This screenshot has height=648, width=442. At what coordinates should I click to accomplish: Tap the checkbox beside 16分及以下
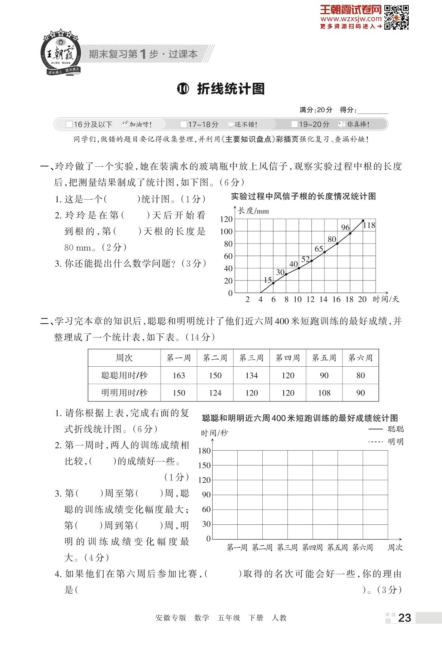(69, 124)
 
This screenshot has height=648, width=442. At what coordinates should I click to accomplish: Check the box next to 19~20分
(295, 124)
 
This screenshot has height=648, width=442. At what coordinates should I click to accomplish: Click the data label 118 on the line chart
(369, 225)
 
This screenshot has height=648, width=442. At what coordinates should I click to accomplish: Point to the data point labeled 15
(274, 283)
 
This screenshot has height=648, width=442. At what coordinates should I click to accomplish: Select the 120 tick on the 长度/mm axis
(226, 219)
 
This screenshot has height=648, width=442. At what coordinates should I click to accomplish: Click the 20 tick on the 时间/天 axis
(362, 299)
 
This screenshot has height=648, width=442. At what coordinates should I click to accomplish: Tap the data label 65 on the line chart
(318, 249)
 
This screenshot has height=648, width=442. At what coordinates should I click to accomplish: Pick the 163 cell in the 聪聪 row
(179, 375)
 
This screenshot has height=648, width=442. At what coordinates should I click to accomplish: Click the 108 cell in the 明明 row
(324, 393)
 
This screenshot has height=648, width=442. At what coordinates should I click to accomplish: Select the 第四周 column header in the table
(288, 358)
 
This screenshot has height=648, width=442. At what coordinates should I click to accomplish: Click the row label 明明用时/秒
(124, 393)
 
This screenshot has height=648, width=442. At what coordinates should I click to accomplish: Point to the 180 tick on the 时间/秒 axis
(204, 451)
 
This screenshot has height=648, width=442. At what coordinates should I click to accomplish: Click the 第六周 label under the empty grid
(363, 548)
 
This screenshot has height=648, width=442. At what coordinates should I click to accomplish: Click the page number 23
(405, 618)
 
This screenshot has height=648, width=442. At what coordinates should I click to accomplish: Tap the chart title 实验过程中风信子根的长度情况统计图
(303, 196)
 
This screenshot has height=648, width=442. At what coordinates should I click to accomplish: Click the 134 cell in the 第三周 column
(252, 375)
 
